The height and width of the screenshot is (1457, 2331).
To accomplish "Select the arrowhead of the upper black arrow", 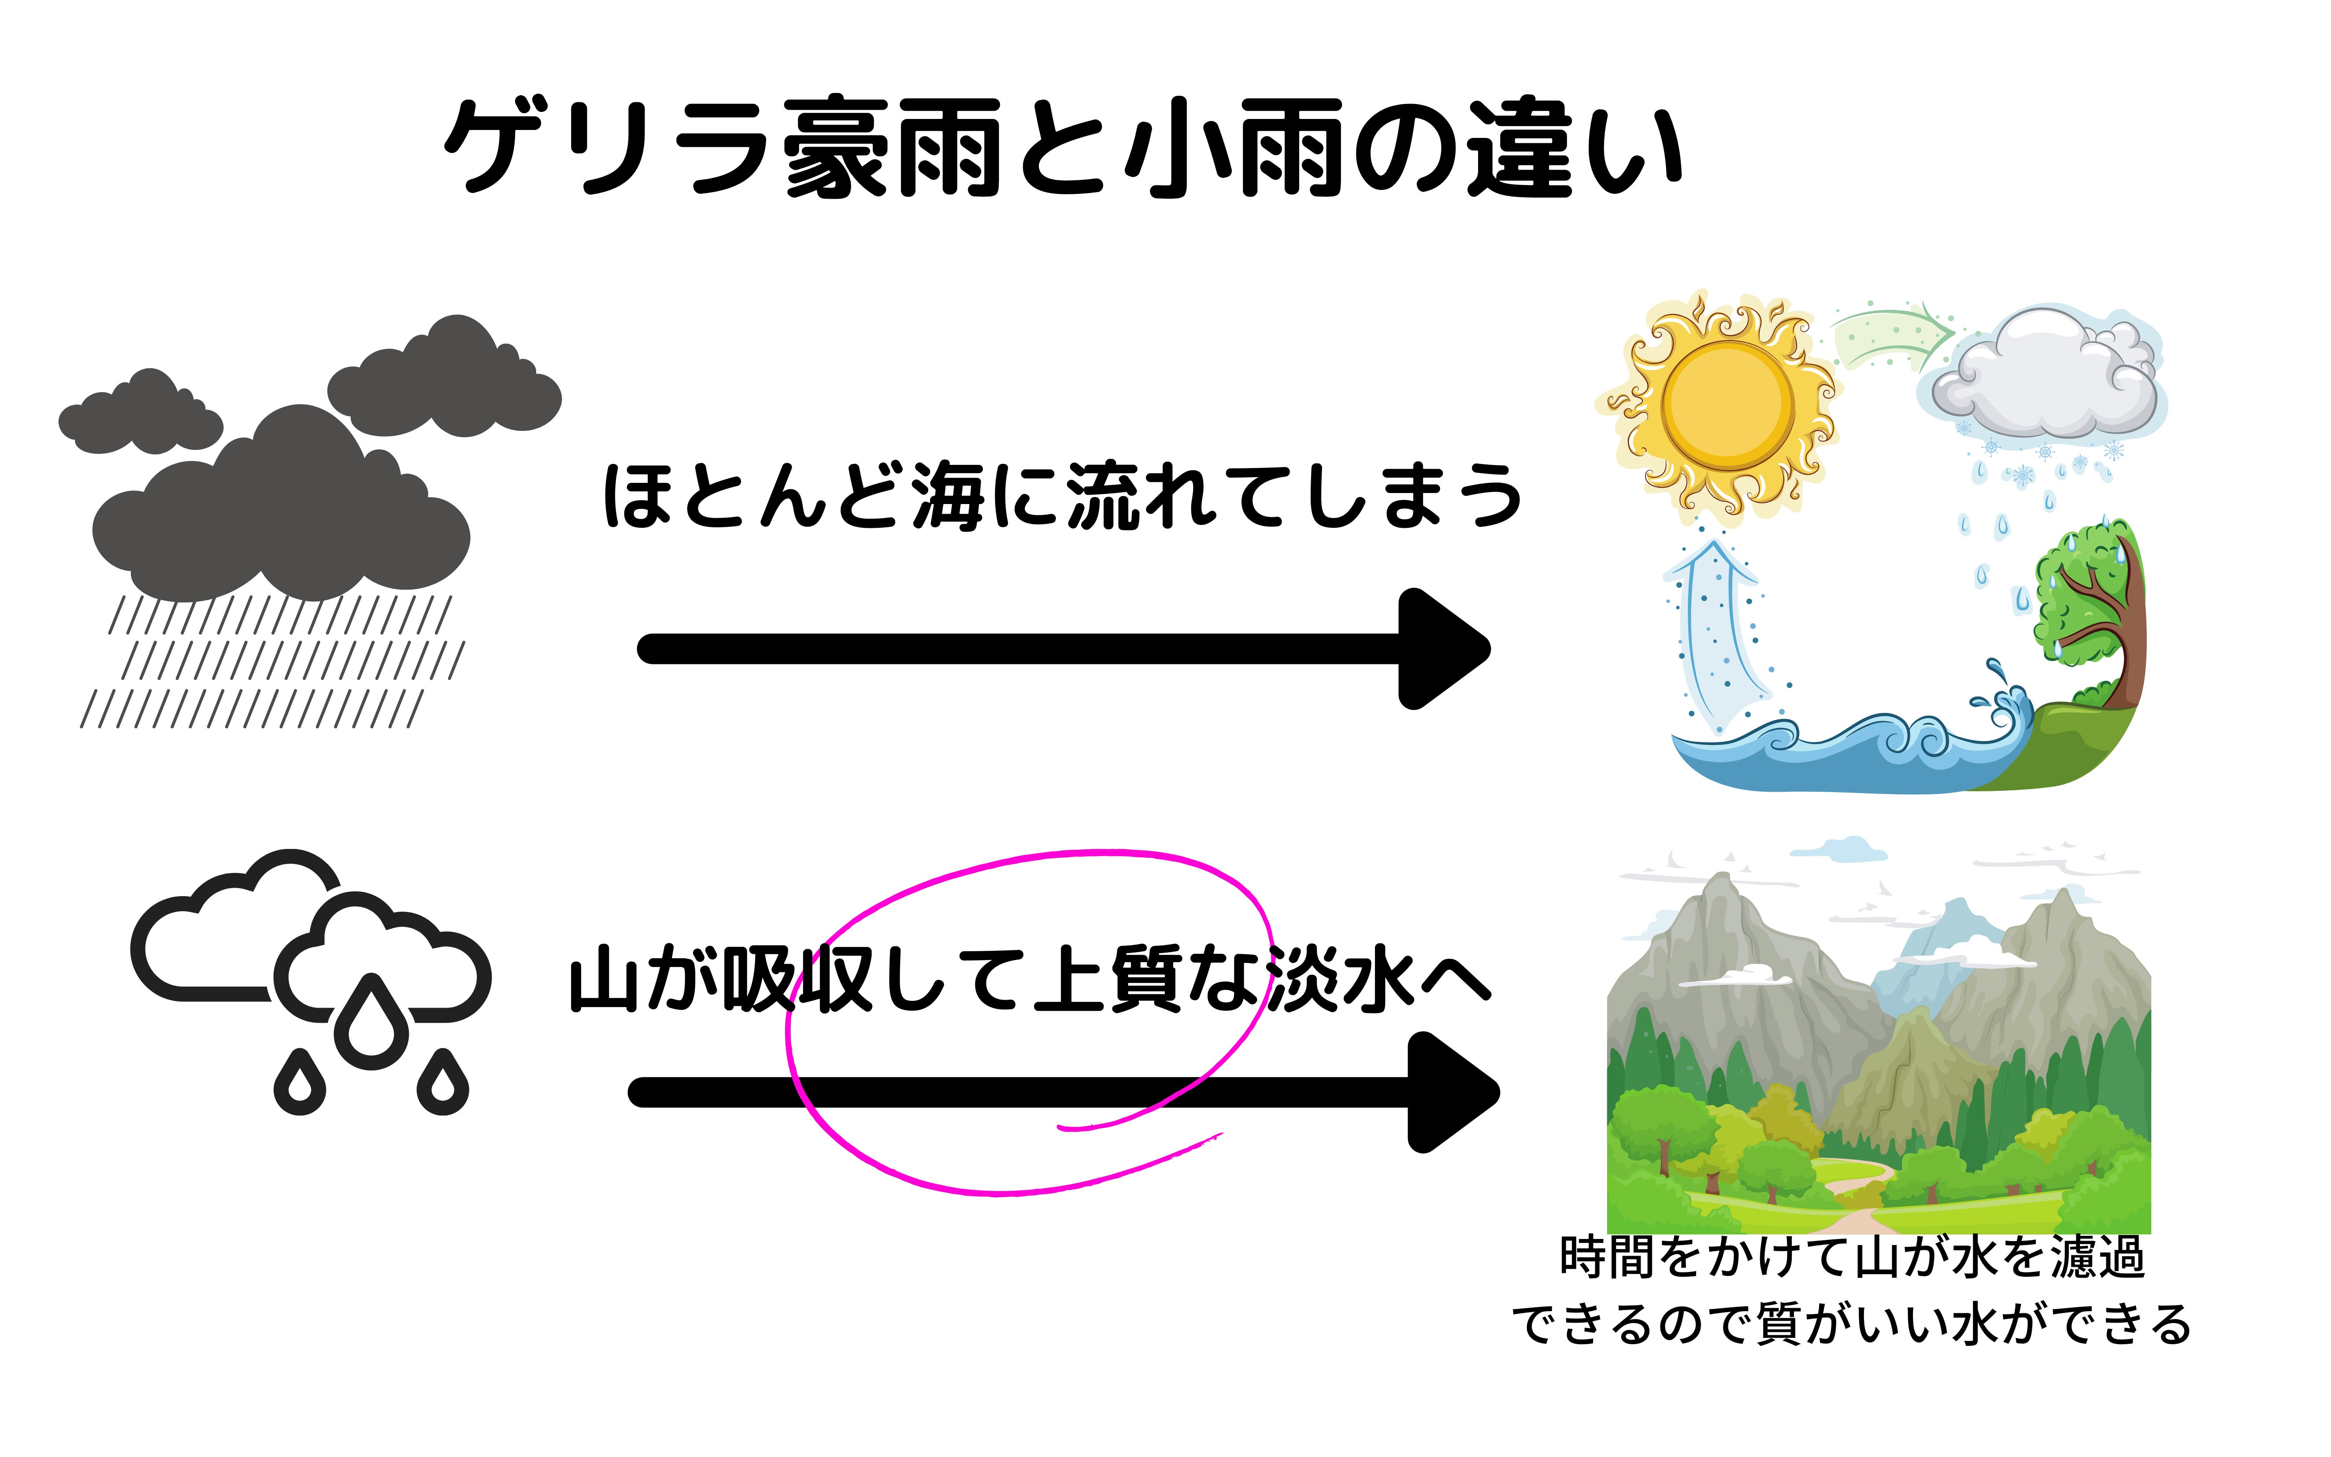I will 1441,649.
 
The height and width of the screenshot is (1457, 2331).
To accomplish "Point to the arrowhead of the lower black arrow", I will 1450,1092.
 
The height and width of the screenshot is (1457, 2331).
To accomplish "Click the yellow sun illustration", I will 1728,405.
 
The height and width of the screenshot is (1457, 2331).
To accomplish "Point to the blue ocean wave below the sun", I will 1831,756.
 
